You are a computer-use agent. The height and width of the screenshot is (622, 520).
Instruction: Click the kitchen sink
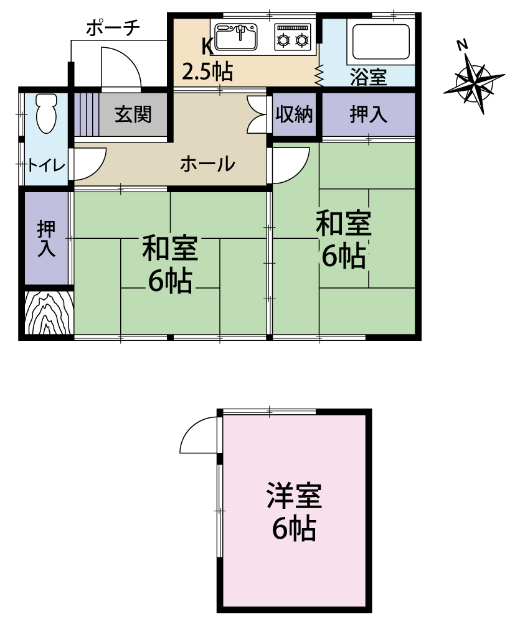tap(236, 37)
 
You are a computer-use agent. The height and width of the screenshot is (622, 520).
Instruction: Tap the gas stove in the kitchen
tap(293, 37)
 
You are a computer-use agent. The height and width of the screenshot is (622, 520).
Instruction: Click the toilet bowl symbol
tap(47, 113)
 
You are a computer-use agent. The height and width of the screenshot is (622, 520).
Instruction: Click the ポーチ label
tap(113, 28)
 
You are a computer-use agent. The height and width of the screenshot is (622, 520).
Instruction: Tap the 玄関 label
tap(133, 114)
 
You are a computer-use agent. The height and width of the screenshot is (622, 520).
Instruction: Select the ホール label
tap(207, 164)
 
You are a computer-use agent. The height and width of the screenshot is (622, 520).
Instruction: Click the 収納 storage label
tap(294, 114)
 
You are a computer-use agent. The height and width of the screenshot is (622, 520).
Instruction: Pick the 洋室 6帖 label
tap(295, 511)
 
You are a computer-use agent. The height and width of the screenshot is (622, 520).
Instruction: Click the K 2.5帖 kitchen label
tap(207, 60)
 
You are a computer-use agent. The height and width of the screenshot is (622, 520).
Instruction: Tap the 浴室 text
tap(368, 77)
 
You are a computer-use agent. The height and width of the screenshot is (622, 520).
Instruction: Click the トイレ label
tap(45, 165)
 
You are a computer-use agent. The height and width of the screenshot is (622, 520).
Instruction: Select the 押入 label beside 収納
tap(368, 114)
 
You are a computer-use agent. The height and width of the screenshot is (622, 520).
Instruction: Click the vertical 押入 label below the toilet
tap(47, 238)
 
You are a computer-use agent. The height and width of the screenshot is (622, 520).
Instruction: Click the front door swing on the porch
tap(121, 67)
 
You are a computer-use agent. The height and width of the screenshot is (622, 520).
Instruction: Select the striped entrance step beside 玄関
tap(86, 114)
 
